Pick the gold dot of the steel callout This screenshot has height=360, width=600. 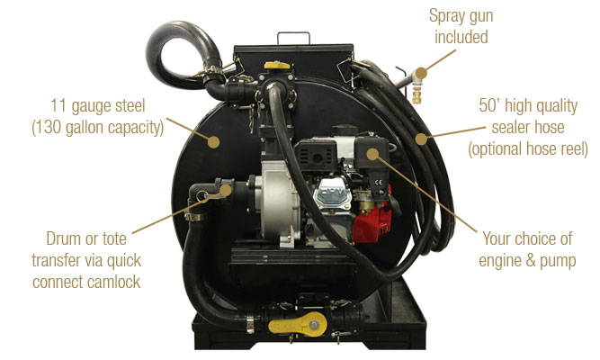coord(213,141)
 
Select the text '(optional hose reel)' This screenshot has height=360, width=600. coord(527,148)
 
